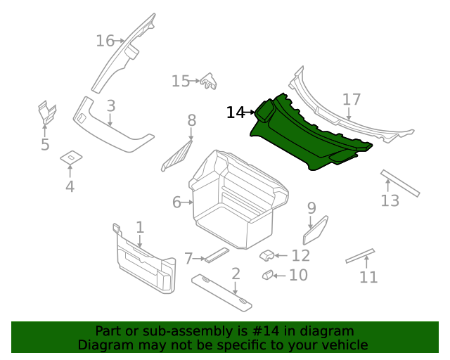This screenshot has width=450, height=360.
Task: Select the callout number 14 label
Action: [x=235, y=112]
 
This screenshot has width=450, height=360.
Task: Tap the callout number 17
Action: [x=352, y=100]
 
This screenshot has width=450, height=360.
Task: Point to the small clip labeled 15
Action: [x=209, y=82]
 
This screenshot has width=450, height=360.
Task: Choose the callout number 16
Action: [x=105, y=41]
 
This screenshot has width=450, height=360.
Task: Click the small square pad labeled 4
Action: [x=71, y=157]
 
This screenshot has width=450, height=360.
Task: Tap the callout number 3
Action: [x=111, y=106]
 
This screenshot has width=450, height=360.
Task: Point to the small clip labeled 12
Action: [x=267, y=255]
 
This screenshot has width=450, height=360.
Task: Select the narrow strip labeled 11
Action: [x=360, y=256]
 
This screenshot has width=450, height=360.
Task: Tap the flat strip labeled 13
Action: [x=400, y=183]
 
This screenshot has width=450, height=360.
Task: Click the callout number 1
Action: [x=140, y=227]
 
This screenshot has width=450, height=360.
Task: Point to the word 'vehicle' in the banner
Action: [x=343, y=345]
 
